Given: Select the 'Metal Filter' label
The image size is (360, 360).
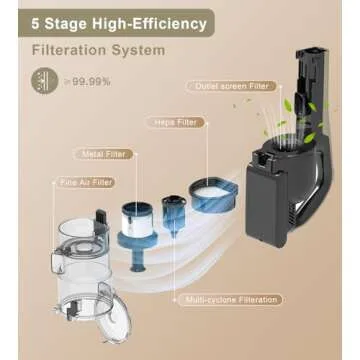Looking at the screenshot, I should tap(102, 154).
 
